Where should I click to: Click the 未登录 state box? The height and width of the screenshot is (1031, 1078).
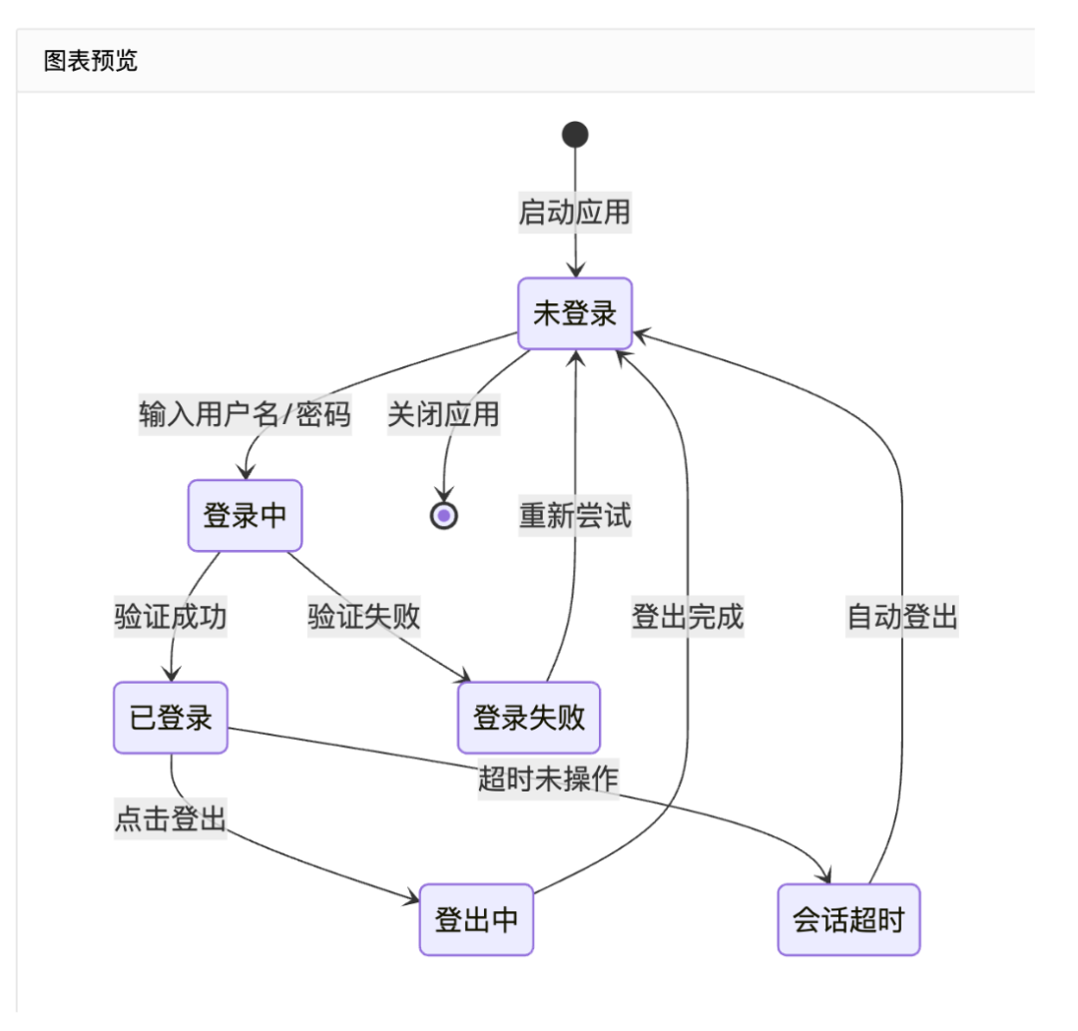tap(575, 313)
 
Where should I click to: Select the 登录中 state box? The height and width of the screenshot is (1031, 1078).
tap(245, 515)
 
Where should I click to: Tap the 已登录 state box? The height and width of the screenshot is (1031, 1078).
tap(171, 717)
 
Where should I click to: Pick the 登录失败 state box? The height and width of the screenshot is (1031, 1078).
tap(528, 717)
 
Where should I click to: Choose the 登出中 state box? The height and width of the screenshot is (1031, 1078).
tap(476, 918)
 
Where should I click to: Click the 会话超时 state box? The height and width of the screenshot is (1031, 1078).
tap(848, 918)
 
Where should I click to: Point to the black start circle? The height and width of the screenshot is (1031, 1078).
tap(575, 134)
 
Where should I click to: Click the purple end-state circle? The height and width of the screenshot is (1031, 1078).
tap(443, 515)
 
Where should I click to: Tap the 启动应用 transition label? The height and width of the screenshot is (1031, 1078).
tap(574, 213)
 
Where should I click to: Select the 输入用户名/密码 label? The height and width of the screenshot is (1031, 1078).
tap(245, 414)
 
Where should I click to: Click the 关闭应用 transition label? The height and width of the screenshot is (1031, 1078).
tap(443, 414)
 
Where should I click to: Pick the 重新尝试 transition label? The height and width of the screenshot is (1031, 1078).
tap(574, 515)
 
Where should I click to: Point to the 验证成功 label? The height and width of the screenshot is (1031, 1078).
tap(171, 617)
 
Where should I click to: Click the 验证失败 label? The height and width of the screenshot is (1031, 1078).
tap(364, 617)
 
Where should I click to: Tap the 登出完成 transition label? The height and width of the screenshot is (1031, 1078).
tap(687, 617)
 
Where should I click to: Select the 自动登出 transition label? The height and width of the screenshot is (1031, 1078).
tap(902, 617)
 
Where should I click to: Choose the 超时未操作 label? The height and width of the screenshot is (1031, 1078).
tap(548, 778)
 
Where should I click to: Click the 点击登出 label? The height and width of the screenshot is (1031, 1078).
tap(171, 818)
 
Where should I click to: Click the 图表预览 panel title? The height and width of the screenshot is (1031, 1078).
tap(91, 61)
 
